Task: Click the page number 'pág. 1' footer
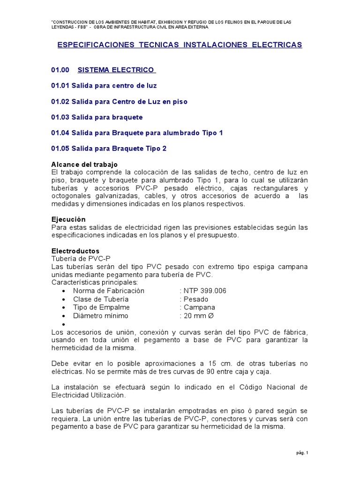pos(302,453)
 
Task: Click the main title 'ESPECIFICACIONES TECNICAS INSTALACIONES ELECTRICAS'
pos(180,45)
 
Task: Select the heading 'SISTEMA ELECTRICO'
pos(116,70)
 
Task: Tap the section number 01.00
pos(60,70)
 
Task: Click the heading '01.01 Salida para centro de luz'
pos(104,86)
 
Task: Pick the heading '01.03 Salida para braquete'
pos(97,117)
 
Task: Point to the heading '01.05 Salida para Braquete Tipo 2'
pos(109,149)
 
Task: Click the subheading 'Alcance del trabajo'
pos(84,165)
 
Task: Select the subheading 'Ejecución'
pos(68,219)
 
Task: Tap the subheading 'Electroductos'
pos(75,251)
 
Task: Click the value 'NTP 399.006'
pos(203,291)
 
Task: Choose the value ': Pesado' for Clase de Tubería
pos(194,299)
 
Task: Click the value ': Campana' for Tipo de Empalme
pos(197,307)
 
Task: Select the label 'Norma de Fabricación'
pos(109,291)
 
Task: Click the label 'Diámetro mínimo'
pos(100,316)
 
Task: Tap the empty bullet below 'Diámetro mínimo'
pos(63,324)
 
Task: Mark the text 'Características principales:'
pos(94,283)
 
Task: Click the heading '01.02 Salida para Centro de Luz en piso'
pos(119,102)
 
